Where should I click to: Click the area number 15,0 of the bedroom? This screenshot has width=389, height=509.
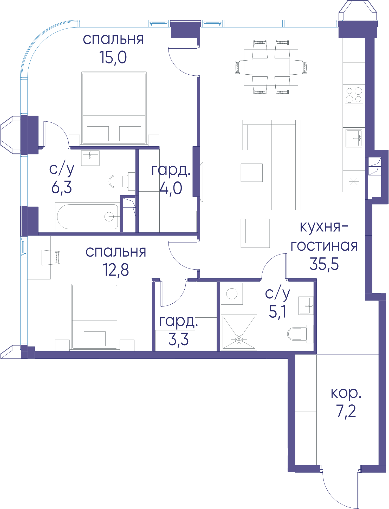[x=113, y=57]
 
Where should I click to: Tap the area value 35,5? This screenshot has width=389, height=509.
[x=324, y=264]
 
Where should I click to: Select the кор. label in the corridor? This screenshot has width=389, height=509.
[x=346, y=393]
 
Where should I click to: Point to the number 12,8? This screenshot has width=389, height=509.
[x=116, y=270]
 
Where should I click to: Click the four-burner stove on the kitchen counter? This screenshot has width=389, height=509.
[x=354, y=95]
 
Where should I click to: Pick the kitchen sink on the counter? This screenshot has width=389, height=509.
[x=354, y=138]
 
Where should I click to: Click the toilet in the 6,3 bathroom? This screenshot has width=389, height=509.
[x=122, y=181]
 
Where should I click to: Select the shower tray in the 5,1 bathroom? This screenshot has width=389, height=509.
[x=239, y=332]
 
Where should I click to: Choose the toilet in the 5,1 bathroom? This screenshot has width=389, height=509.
[x=300, y=334]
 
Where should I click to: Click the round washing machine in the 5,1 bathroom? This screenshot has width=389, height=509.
[x=232, y=294]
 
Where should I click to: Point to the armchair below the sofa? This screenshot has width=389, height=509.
[x=255, y=233]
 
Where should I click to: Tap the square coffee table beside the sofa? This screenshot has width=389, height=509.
[x=251, y=173]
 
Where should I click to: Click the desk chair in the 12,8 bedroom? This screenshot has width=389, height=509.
[x=50, y=258]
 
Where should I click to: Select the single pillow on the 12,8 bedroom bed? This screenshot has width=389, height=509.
[x=95, y=338]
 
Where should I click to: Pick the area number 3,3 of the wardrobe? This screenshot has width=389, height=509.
[x=178, y=339]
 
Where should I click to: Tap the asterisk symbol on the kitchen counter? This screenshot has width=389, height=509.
[x=354, y=181]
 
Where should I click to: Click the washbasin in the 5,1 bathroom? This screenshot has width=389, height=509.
[x=306, y=306]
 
